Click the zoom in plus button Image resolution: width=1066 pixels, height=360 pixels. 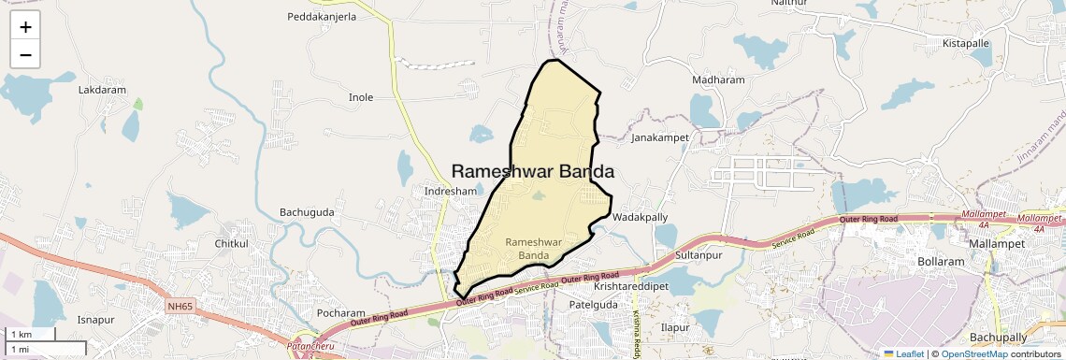[x=25, y=26]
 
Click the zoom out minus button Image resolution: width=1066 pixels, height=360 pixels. [x=25, y=54]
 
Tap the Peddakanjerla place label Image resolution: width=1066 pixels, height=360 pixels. [x=322, y=17]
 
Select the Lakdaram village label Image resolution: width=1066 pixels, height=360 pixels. [x=102, y=91]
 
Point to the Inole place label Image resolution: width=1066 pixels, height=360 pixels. [x=360, y=97]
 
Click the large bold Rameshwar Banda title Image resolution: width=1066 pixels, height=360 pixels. [x=532, y=171]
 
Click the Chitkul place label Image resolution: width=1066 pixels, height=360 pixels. [x=232, y=244]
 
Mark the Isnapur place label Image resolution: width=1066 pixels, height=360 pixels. [x=95, y=319]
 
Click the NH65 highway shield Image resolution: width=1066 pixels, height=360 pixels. [x=180, y=306]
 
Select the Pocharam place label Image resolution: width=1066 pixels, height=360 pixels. [x=340, y=313]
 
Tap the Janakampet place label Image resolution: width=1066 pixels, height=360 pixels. [x=660, y=137]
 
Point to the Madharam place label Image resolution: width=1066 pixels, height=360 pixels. [x=718, y=80]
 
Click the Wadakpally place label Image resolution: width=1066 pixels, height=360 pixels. [x=640, y=217]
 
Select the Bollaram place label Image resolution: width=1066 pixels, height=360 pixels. [x=941, y=262]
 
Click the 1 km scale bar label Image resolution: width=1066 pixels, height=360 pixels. [x=22, y=335]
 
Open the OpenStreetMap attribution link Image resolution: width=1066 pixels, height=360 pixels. [x=973, y=353]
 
